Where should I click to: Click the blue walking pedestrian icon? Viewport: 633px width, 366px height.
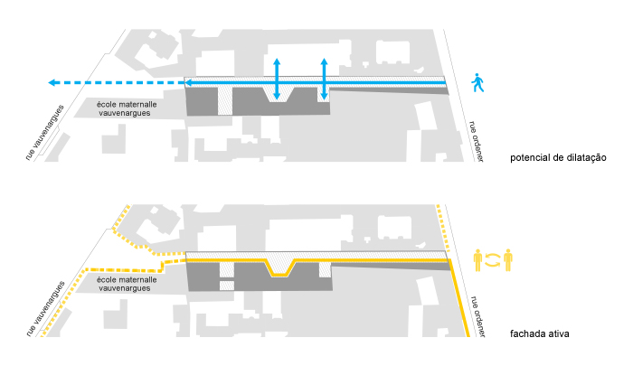coord(477,84)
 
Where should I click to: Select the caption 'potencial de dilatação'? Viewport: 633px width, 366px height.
coord(557,158)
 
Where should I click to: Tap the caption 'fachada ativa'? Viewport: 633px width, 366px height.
coord(539,333)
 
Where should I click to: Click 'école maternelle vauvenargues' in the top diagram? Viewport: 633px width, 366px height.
coord(128,109)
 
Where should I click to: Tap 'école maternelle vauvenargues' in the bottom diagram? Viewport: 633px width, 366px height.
coord(128,285)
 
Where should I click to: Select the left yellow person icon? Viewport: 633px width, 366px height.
coord(479,259)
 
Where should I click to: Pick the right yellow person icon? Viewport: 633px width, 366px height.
coord(508,259)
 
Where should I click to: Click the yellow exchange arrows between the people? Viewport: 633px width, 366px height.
coord(494,259)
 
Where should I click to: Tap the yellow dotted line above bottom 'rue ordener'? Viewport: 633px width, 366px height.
coord(442,230)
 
